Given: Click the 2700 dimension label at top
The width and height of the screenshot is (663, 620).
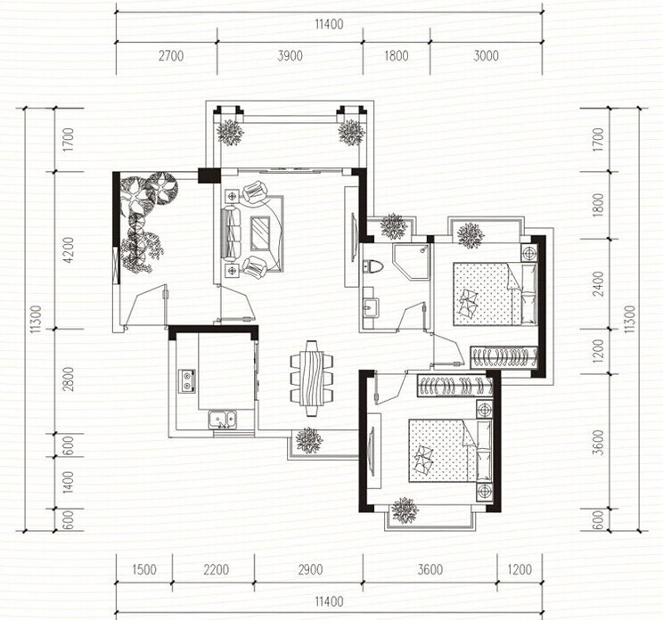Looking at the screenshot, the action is tap(171, 55).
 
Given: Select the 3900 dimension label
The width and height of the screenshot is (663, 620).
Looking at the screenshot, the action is tap(291, 55).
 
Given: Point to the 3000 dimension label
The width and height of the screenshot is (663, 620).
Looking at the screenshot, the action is tap(486, 55).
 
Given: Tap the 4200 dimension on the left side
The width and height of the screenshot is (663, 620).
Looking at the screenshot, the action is tap(69, 249).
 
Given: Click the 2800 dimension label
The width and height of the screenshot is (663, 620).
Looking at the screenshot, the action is tap(69, 379).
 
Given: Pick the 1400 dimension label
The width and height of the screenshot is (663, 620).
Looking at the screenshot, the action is tap(69, 482).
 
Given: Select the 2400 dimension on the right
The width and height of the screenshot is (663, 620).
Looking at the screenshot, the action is tap(598, 283).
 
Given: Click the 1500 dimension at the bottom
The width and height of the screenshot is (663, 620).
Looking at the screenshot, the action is tap(144, 569).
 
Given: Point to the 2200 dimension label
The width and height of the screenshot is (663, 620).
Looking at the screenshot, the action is tap(216, 569).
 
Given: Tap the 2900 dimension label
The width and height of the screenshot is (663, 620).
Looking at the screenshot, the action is tap(310, 569).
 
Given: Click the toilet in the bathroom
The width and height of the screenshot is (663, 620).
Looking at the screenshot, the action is tap(372, 266).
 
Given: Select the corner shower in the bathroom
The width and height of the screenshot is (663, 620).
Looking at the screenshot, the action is tap(411, 261).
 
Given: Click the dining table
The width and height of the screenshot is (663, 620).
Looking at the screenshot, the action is tap(311, 379).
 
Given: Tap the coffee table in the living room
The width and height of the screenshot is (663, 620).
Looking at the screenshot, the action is tap(260, 232).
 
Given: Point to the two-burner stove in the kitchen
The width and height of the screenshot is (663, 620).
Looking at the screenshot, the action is tap(187, 380).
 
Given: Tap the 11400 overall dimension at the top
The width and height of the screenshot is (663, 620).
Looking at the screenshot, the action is tap(329, 24).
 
